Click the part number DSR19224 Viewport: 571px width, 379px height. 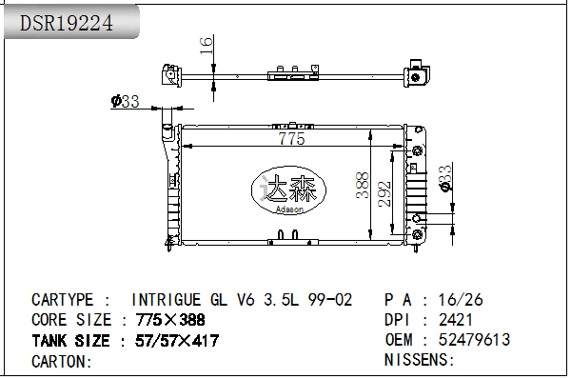(67, 23)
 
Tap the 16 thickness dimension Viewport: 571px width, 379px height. (207, 46)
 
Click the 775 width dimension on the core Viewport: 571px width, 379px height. (291, 138)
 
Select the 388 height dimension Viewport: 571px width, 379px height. (363, 185)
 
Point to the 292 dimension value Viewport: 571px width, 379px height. (384, 194)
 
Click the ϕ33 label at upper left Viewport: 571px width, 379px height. (126, 101)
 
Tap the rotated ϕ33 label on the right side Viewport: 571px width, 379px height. (445, 178)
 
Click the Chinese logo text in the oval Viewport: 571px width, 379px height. (289, 188)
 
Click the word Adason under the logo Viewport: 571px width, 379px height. (289, 209)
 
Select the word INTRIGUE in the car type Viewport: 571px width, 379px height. (166, 300)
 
